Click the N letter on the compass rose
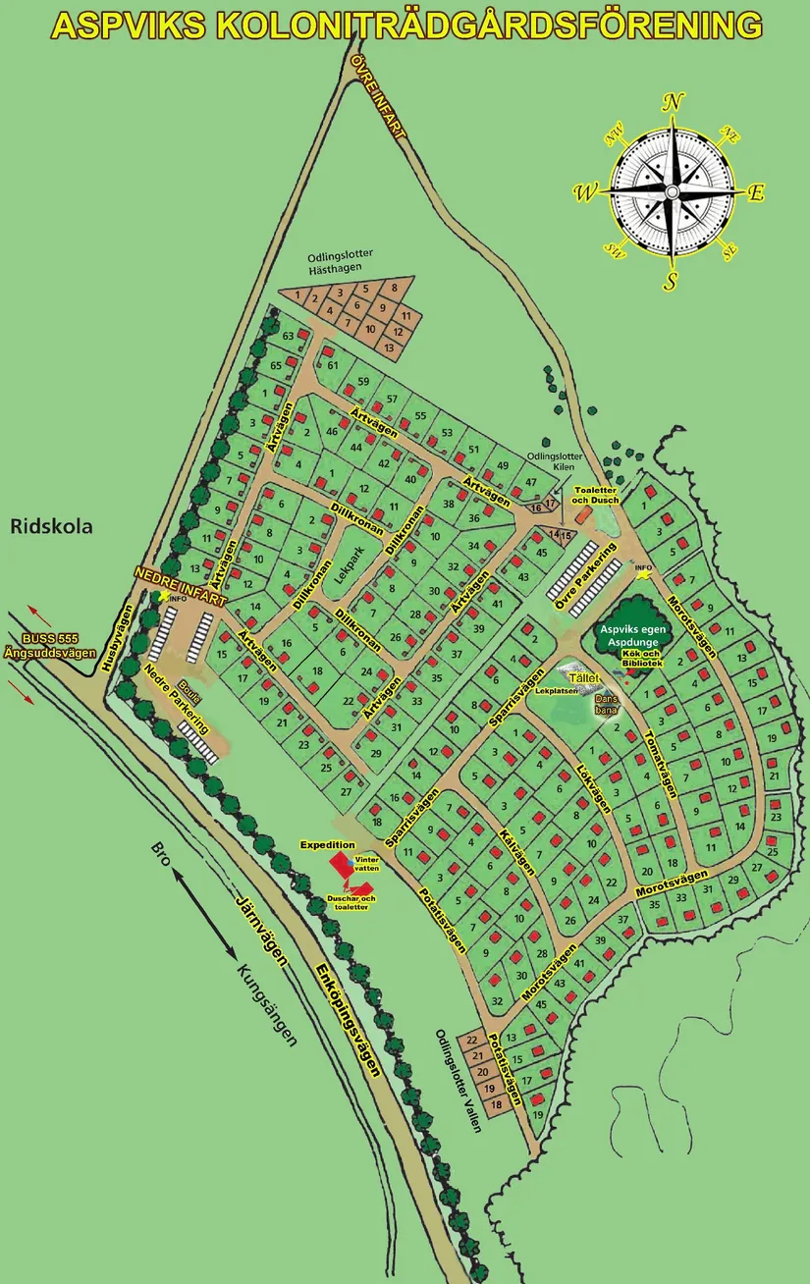(x=673, y=102)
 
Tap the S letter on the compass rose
(x=672, y=281)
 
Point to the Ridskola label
(x=51, y=526)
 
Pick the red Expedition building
(x=341, y=863)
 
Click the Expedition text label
(x=327, y=844)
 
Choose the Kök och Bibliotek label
(x=637, y=663)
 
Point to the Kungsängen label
(x=266, y=1005)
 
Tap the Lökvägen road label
(x=593, y=787)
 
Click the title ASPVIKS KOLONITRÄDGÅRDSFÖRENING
(x=405, y=26)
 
